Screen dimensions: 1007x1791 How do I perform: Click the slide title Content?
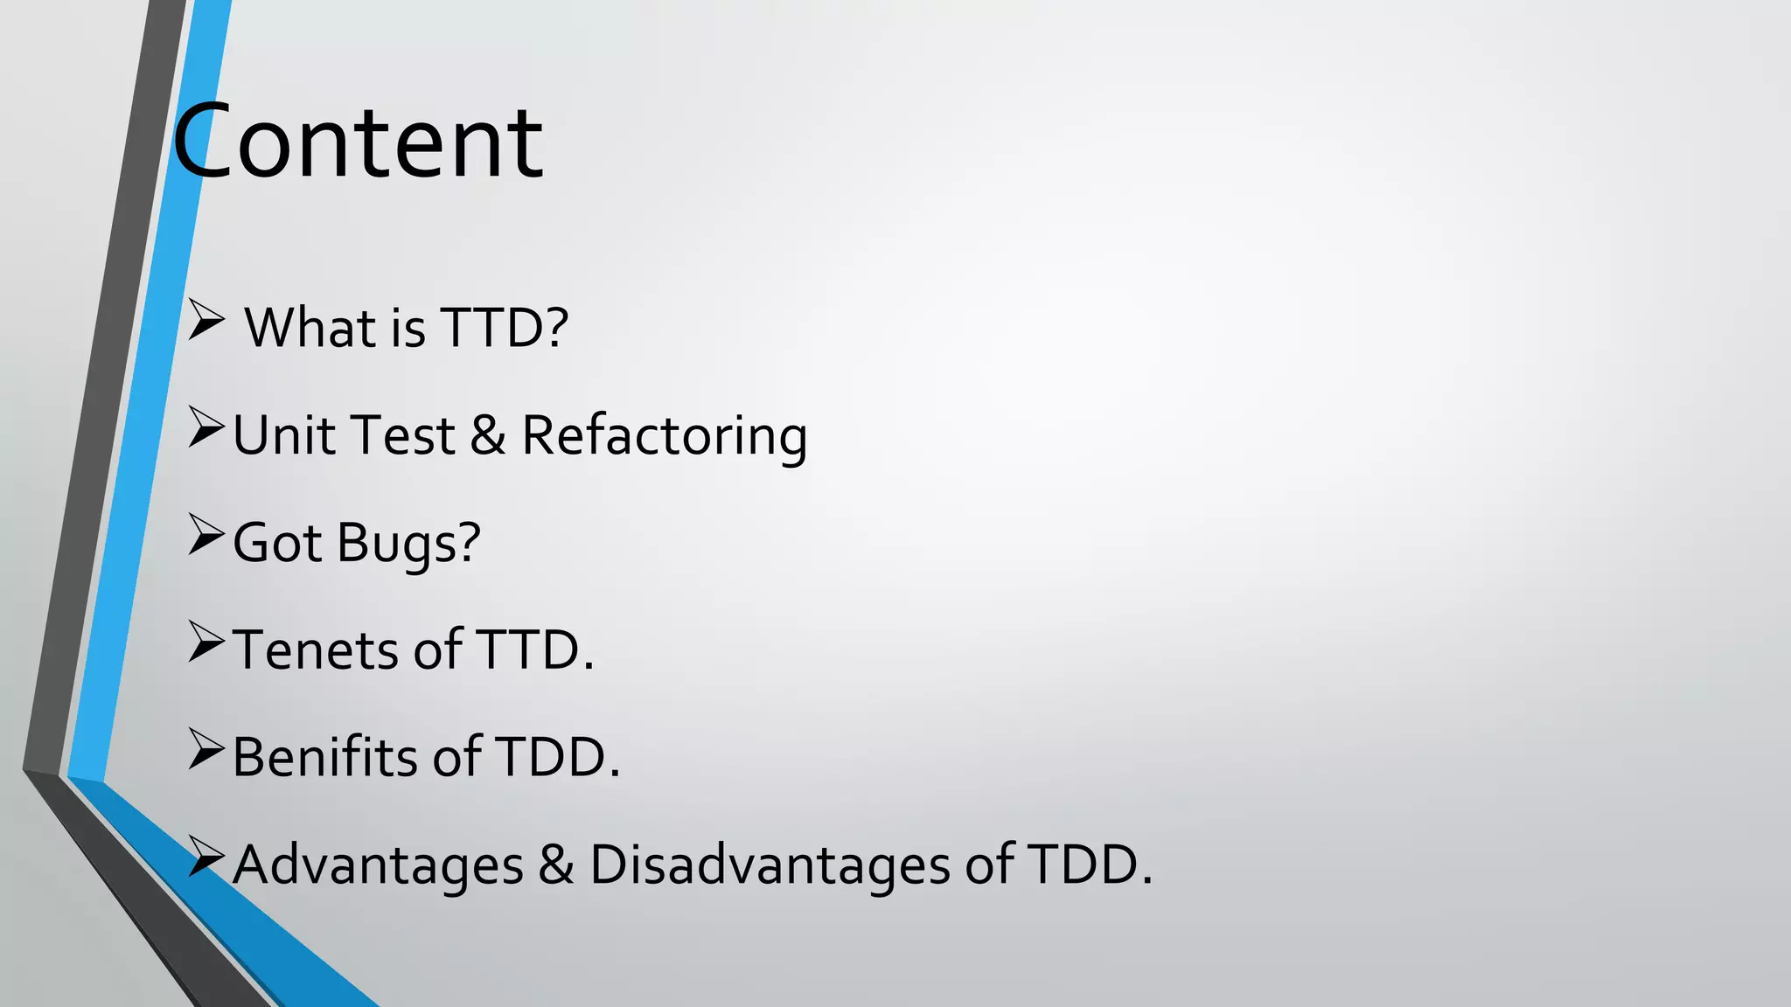coord(359,142)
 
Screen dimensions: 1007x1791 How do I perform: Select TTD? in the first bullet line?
coord(504,328)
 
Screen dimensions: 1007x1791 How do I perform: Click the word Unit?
coord(279,435)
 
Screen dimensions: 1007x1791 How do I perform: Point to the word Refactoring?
coord(664,435)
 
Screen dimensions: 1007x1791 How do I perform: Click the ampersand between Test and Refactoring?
coord(488,435)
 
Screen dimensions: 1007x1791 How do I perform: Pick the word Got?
coord(277,543)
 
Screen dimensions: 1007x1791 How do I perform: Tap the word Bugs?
coord(408,543)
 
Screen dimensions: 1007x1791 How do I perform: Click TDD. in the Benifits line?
coord(558,757)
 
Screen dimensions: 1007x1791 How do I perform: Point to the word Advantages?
coord(378,865)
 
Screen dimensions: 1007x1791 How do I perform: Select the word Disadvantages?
coord(770,865)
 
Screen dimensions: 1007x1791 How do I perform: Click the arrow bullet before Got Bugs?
coord(206,535)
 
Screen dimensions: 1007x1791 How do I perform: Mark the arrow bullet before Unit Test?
coord(206,427)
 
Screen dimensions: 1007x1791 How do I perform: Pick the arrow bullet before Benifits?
coord(206,749)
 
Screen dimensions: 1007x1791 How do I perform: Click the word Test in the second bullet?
coord(402,435)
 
